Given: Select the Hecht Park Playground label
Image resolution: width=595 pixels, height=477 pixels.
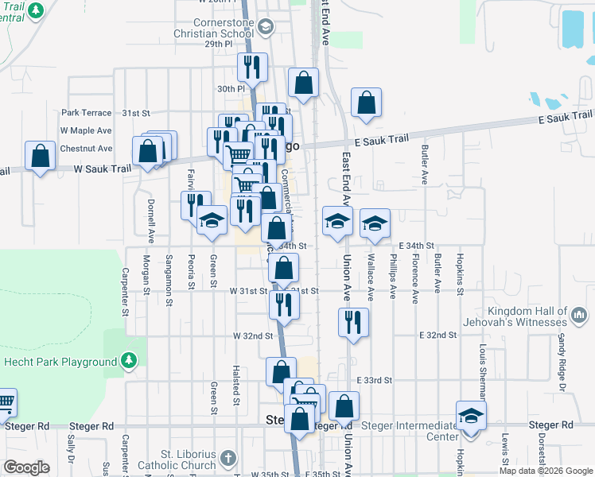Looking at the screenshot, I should tap(59, 362).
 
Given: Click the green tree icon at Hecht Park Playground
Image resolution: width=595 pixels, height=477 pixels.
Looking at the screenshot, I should tap(129, 362).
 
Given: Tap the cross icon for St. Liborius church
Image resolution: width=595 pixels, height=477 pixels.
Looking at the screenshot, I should tap(228, 459).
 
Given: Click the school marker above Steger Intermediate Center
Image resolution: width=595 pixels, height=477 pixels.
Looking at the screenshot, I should tap(471, 417).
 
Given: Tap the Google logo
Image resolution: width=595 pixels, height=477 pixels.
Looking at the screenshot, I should tap(26, 467).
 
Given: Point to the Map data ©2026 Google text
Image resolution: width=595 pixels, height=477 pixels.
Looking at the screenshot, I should tap(545, 471).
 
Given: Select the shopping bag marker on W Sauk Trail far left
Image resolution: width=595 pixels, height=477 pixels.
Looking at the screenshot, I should tap(40, 157).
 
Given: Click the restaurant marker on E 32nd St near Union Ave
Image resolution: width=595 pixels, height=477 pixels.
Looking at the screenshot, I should tap(352, 323).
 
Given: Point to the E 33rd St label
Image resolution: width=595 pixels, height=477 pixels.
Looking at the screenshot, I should tap(375, 381).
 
